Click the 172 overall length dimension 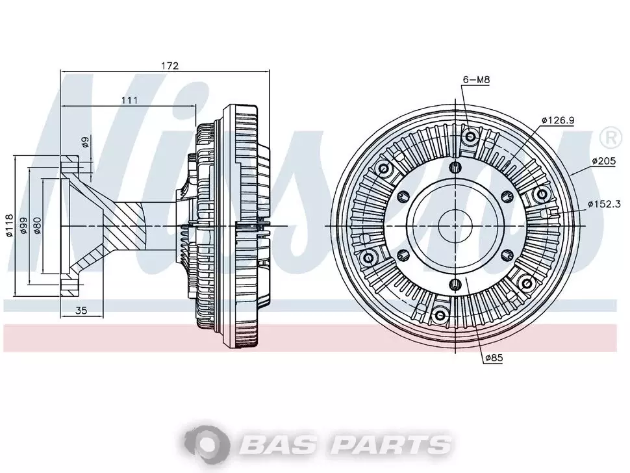click(170, 66)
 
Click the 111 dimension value click(130, 100)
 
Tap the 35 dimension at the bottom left click(81, 310)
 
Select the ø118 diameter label click(9, 226)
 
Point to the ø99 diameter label click(23, 226)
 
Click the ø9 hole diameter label click(85, 142)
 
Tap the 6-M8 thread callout click(476, 79)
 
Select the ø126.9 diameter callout click(558, 120)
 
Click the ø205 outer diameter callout click(603, 161)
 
